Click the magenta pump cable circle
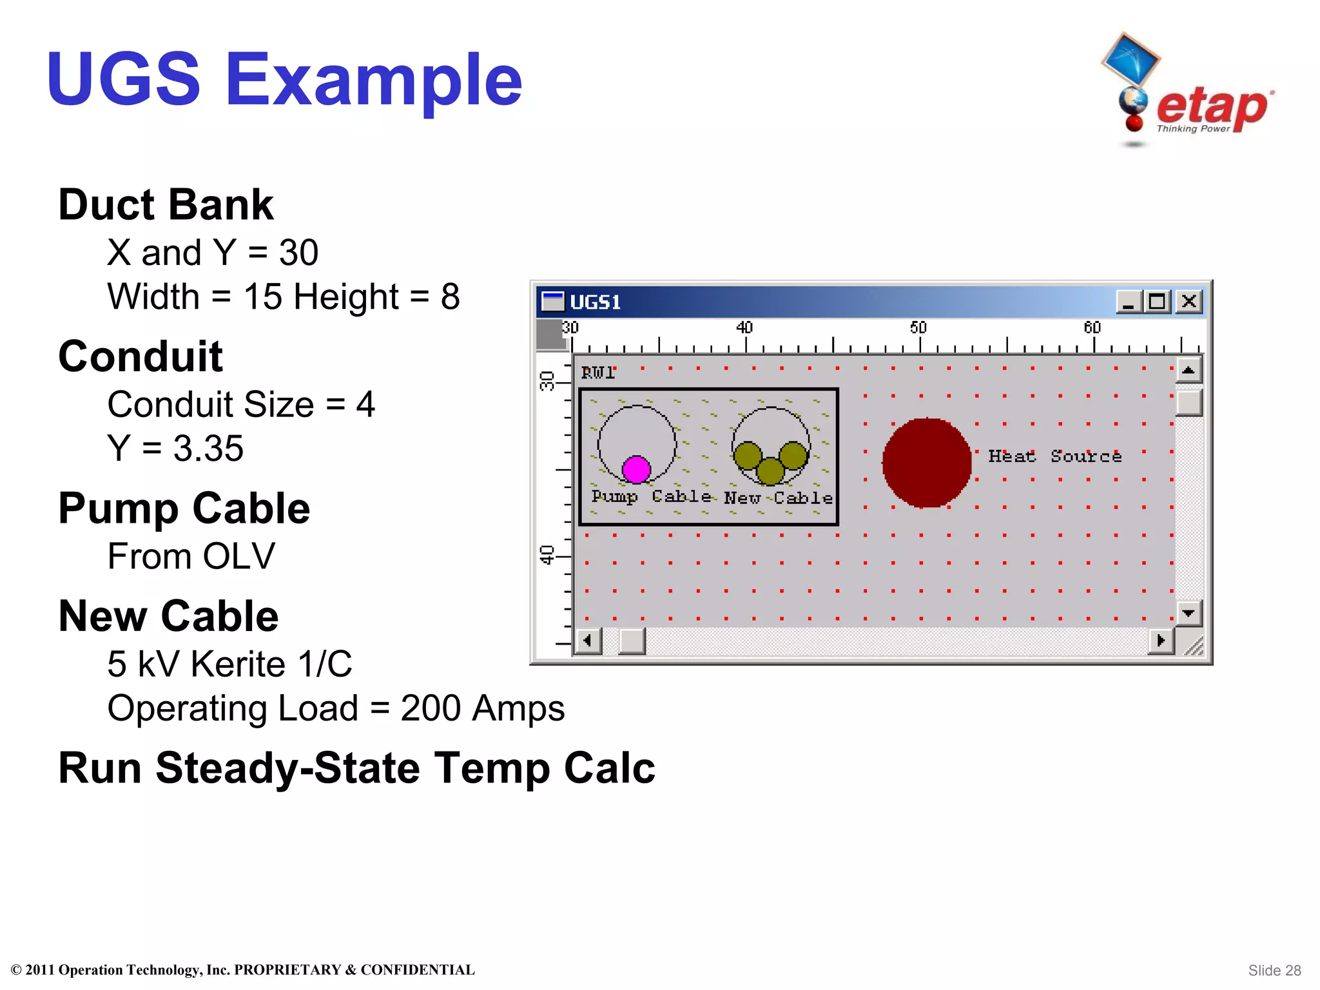(636, 469)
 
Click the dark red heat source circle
(927, 462)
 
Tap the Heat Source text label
(1054, 456)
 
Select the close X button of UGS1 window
(1189, 301)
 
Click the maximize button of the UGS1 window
(1157, 301)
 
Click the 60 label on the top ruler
(1092, 327)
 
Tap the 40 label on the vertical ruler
(547, 554)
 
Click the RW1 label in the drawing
(597, 373)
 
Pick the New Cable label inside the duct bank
(778, 498)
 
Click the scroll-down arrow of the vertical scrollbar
(1189, 613)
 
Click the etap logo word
(1212, 106)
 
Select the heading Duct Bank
(166, 205)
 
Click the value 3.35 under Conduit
(208, 448)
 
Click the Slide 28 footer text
(1274, 970)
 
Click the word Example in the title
(373, 80)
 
